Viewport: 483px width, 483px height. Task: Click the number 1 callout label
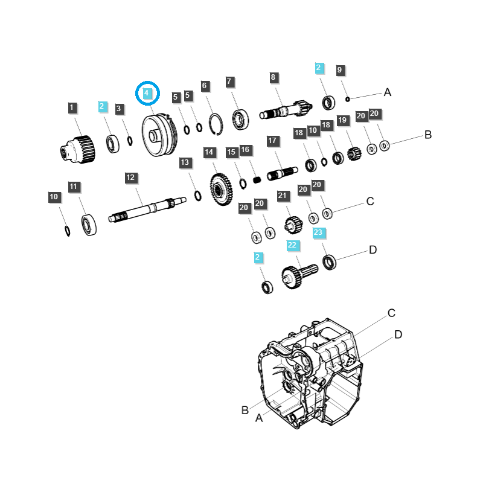(x=72, y=108)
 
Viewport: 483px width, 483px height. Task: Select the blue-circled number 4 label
(x=147, y=93)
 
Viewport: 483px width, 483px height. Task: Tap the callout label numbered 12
(x=131, y=178)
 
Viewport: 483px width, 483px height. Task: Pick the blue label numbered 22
(x=292, y=245)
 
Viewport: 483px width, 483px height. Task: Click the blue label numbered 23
(x=318, y=232)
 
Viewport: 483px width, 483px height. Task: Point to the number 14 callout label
(x=209, y=152)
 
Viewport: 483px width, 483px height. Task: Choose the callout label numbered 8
(x=273, y=77)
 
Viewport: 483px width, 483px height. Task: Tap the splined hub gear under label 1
(x=78, y=149)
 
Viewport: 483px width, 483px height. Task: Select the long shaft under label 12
(x=147, y=210)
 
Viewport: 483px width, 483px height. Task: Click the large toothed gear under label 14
(x=221, y=190)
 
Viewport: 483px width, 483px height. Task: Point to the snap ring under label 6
(x=216, y=124)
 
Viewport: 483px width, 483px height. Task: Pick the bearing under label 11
(x=89, y=225)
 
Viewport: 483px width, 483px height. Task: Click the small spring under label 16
(x=257, y=179)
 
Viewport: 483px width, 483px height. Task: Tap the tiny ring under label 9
(x=348, y=99)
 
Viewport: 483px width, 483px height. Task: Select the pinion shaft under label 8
(x=286, y=109)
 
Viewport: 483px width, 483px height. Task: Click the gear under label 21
(x=293, y=225)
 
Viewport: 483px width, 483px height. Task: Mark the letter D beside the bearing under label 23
(x=373, y=249)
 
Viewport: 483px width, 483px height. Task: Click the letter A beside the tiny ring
(x=388, y=92)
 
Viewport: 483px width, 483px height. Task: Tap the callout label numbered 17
(x=272, y=141)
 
